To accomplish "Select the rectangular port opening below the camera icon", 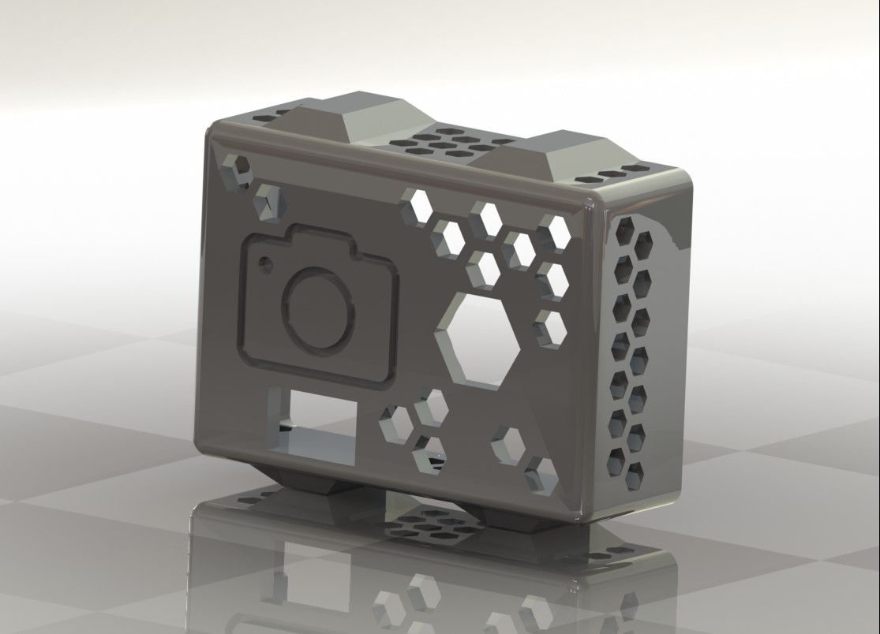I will [312, 422].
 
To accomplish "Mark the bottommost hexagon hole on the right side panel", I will [635, 473].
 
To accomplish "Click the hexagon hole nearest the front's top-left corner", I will [237, 171].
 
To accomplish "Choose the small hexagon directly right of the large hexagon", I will [550, 327].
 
